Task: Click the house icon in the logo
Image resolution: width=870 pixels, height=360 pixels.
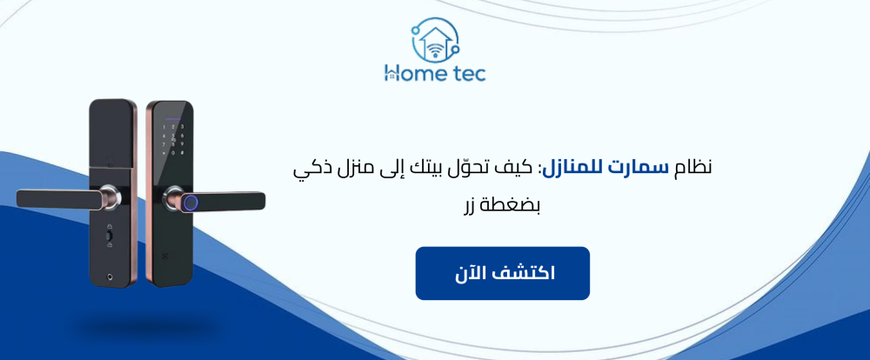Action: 435,37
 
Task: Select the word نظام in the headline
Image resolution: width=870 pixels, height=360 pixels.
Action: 693,167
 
